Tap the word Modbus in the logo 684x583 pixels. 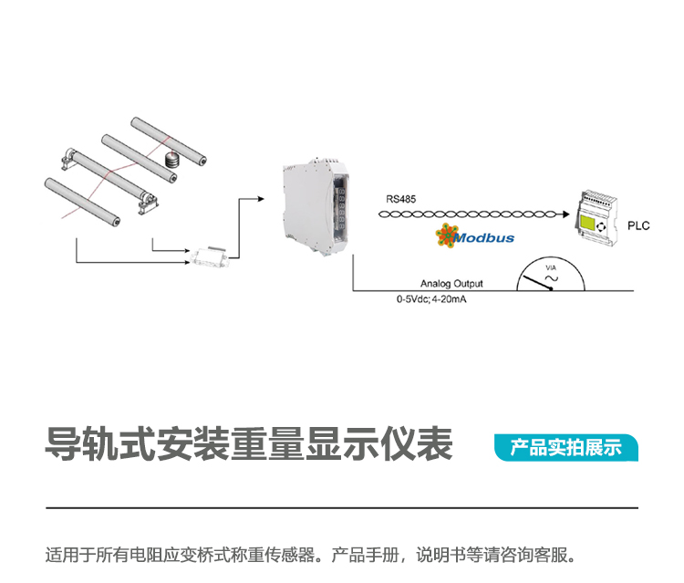[484, 238]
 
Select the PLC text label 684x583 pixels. [638, 226]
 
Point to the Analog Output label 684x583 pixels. [451, 284]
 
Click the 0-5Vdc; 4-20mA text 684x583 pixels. [438, 299]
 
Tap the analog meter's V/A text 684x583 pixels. [550, 266]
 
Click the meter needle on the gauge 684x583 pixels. [537, 282]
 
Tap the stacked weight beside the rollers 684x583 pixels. [170, 159]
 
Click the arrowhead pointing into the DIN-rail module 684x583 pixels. [262, 197]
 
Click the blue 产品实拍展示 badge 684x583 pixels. [565, 448]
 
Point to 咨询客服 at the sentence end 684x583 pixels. [537, 555]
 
